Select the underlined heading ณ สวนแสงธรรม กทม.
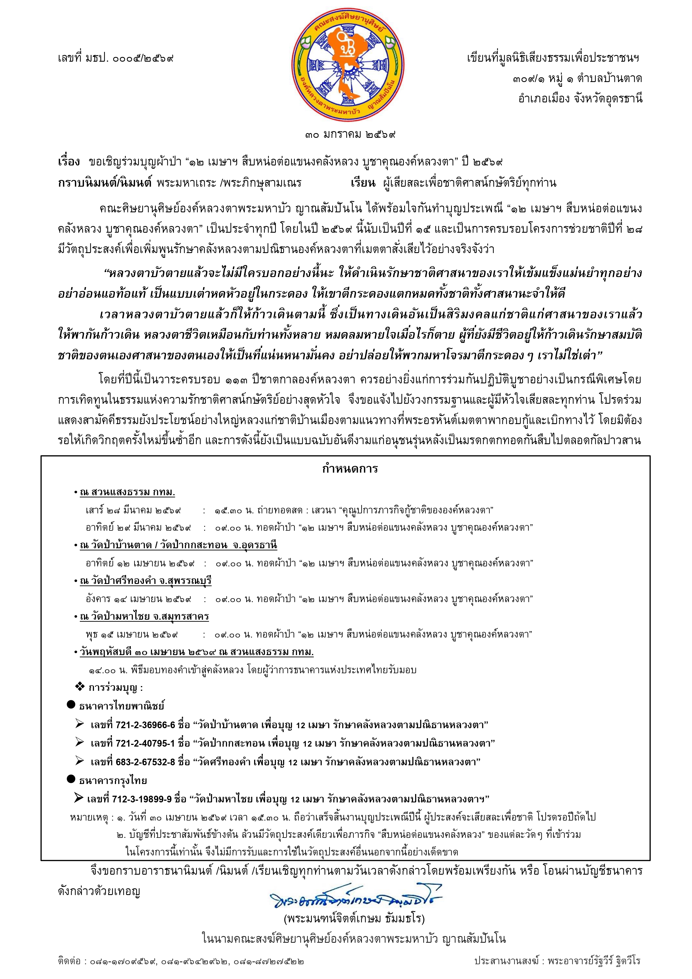[x=127, y=492]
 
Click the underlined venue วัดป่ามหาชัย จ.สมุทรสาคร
[x=144, y=617]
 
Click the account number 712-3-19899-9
[x=142, y=799]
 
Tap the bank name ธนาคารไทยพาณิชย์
[x=122, y=706]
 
